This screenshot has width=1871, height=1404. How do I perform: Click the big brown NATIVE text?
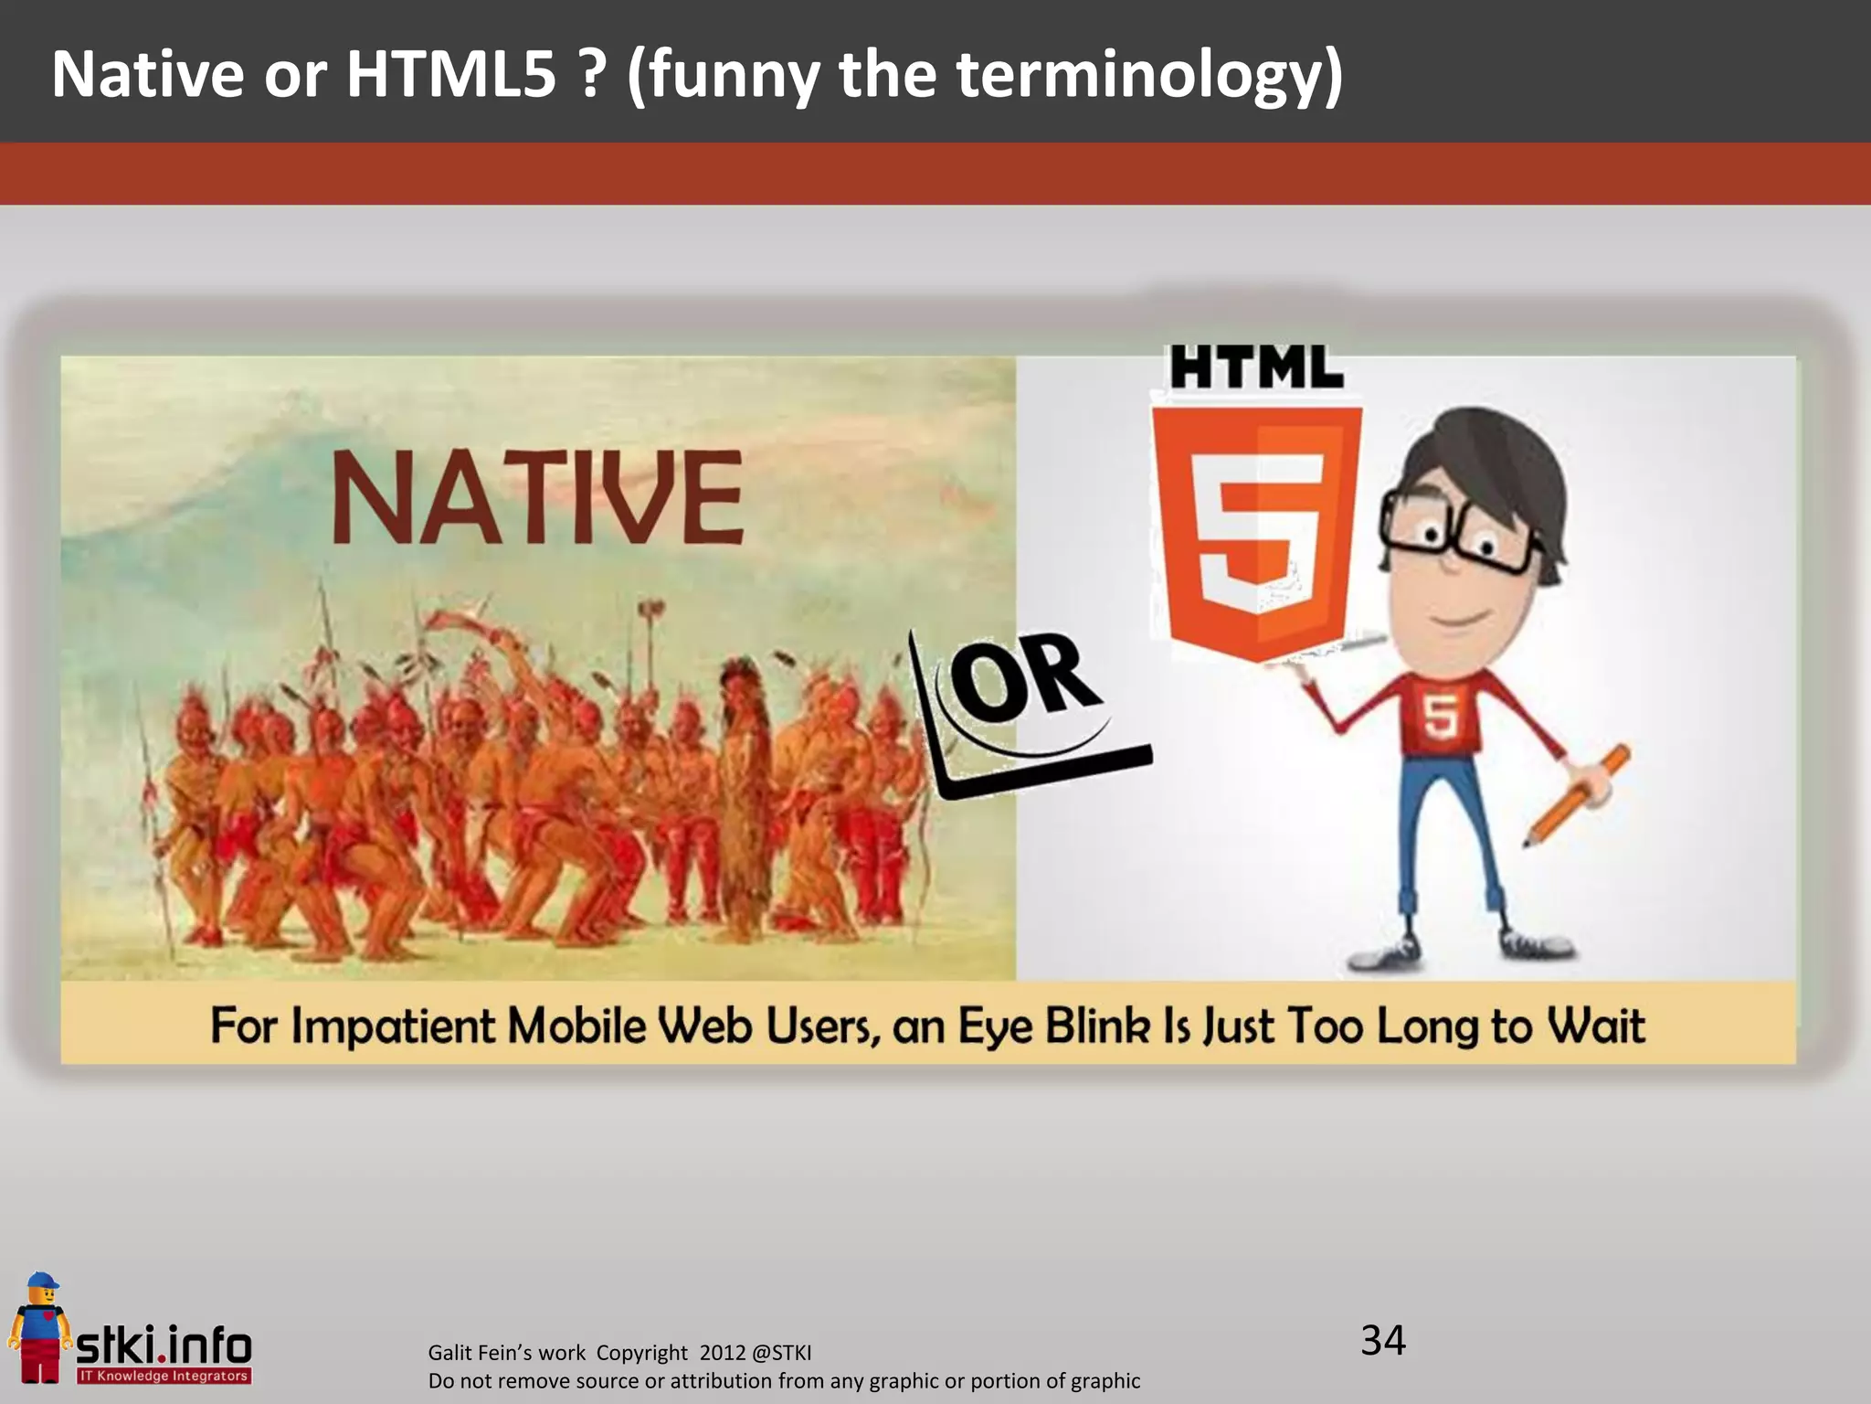pyautogui.click(x=537, y=498)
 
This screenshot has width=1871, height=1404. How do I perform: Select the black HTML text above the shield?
pyautogui.click(x=1257, y=367)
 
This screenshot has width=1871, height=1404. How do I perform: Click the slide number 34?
pyautogui.click(x=1382, y=1341)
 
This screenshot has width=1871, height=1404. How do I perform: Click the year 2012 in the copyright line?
pyautogui.click(x=723, y=1353)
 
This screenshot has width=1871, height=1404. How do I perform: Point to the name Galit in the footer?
pyautogui.click(x=451, y=1353)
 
